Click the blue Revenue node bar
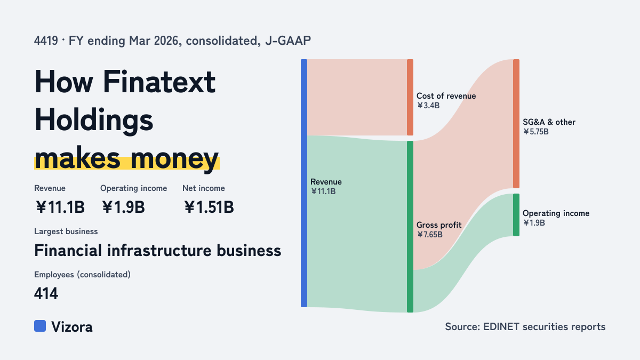304,183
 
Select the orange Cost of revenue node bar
410,97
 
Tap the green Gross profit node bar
410,227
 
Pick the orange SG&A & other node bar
516,124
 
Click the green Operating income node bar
516,215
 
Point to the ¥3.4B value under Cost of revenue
428,106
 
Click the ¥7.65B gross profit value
430,235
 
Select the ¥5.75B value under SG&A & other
535,132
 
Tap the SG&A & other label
549,122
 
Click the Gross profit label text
439,225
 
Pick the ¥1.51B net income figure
209,207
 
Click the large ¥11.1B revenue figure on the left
60,207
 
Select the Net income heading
204,188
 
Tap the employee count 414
46,293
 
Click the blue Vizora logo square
40,326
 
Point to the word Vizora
72,327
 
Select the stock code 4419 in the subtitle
46,41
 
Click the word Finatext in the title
159,82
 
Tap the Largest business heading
66,231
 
